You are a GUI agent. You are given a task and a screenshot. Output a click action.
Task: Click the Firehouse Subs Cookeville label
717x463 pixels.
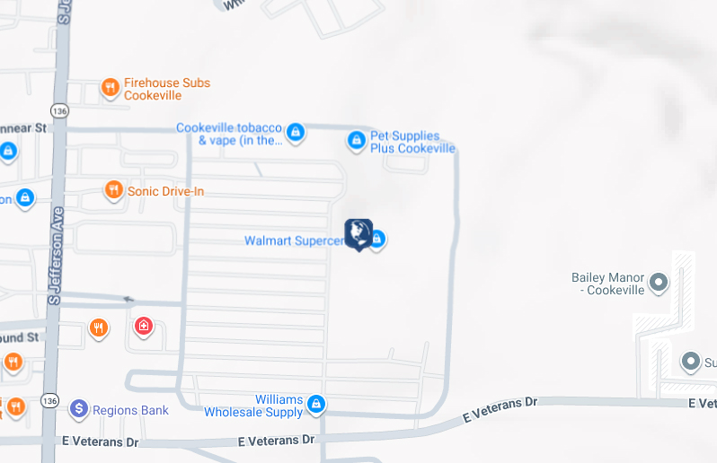coord(166,89)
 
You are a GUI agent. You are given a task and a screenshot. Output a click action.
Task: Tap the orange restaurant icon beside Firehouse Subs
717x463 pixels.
coord(110,87)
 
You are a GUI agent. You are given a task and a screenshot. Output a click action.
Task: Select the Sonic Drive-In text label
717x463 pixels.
coord(165,191)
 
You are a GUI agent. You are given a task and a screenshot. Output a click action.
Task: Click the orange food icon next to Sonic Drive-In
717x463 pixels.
coord(113,189)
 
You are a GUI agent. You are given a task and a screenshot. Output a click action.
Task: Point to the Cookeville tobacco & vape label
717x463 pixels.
coord(229,134)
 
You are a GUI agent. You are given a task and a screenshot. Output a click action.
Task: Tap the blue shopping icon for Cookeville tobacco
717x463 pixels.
coord(296,134)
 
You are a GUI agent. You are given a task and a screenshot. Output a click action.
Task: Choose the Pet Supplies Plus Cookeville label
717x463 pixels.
coord(412,142)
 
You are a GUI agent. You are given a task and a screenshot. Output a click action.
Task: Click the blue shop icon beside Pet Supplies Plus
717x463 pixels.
coord(356,141)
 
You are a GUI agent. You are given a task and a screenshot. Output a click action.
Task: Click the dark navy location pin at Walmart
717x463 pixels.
coord(358,232)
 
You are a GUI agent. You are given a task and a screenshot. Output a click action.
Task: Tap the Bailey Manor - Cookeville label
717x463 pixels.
coord(607,284)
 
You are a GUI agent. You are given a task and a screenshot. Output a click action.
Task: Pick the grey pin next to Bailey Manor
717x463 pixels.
coord(659,284)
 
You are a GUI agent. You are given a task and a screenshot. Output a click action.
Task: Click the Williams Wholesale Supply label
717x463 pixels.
coord(254,406)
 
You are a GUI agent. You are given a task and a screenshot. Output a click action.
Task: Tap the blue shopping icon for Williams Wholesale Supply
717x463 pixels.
coord(315,405)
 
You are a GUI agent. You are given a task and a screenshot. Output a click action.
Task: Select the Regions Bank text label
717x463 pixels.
coord(130,411)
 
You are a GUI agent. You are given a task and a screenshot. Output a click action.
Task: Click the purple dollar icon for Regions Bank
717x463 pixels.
coord(79,410)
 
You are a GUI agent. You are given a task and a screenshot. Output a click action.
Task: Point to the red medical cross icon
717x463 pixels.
coord(143,326)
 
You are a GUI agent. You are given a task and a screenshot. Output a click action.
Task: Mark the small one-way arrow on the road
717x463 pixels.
coord(128,299)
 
